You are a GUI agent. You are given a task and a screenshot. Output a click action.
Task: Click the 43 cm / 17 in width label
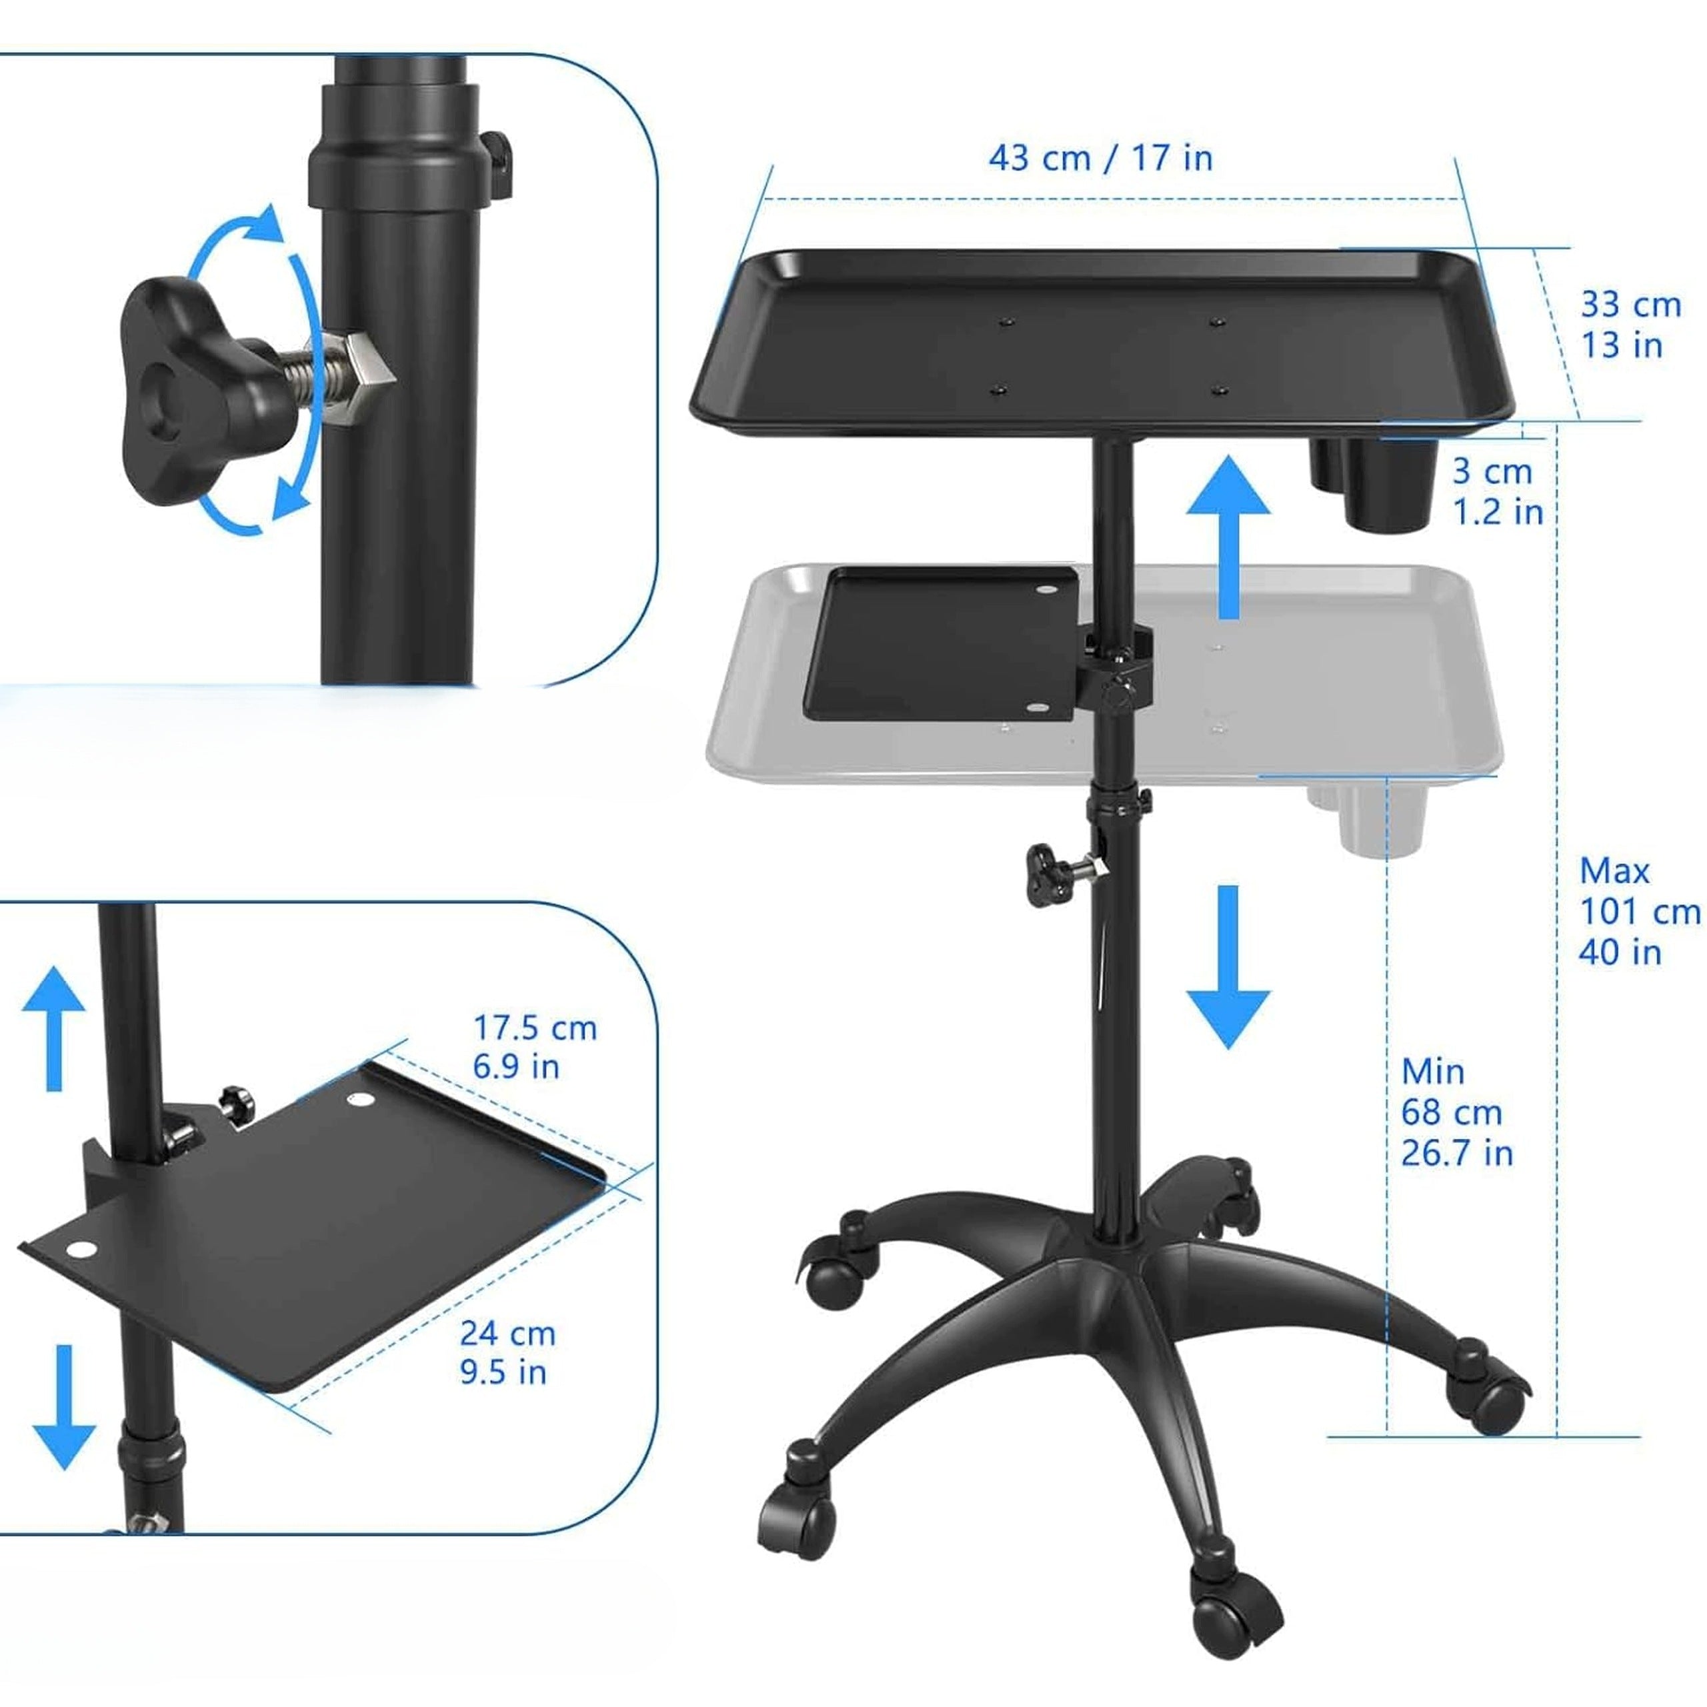1100,159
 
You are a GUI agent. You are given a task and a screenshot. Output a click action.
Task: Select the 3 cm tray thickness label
1498,491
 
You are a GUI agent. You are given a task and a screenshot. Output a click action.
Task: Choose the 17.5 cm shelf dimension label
535,1047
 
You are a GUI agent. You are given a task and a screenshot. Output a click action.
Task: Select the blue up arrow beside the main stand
1228,535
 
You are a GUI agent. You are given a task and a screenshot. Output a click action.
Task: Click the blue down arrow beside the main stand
1228,968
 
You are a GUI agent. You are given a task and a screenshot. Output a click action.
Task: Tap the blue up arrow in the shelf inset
54,1028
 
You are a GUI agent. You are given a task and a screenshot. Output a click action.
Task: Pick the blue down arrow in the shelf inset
63,1408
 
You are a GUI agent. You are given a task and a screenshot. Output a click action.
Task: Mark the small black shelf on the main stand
940,643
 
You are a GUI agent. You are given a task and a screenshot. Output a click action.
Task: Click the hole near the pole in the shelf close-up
359,1101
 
